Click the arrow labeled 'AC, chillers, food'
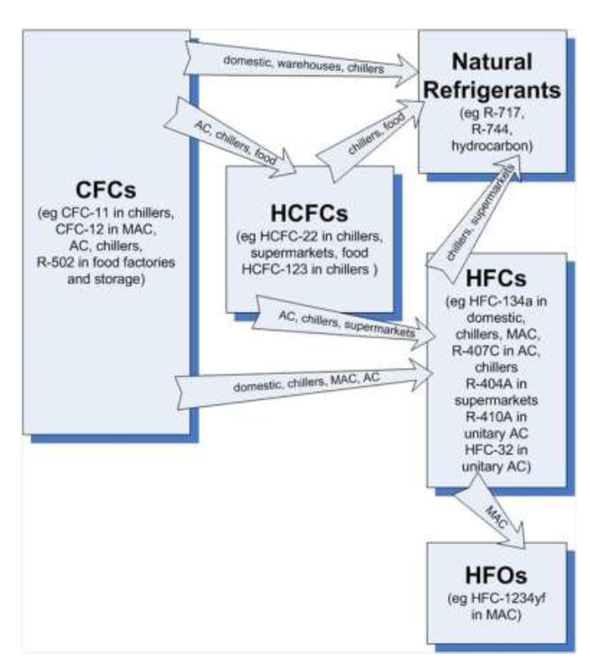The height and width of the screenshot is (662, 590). (243, 133)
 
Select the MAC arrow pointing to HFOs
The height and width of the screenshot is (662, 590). (492, 512)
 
